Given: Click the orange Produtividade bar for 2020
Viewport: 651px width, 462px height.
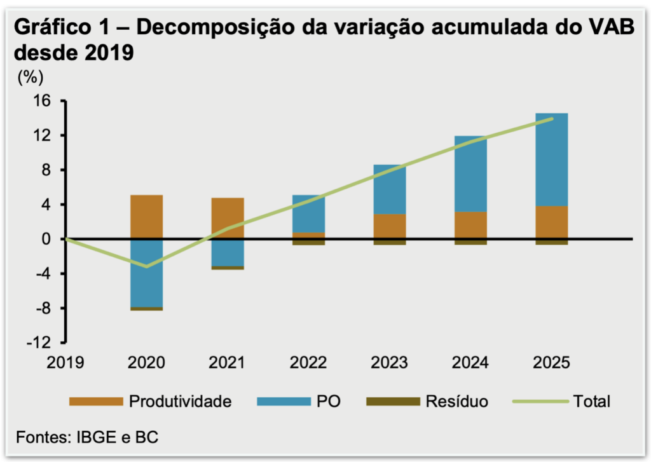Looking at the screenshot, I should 146,217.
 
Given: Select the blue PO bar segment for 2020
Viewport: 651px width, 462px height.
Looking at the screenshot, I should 146,273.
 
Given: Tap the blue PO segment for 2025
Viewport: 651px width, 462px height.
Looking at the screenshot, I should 551,160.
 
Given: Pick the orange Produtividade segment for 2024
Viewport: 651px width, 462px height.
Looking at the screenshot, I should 470,225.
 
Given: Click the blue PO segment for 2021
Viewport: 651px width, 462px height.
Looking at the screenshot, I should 227,252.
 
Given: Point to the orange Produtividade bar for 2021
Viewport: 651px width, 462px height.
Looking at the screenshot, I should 227,218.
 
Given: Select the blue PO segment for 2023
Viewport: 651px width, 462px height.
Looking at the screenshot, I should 389,189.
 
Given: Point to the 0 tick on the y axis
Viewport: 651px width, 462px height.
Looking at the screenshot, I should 51,240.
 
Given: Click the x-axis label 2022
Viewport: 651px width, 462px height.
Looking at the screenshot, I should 308,363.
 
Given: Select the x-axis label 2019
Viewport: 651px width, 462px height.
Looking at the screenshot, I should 66,363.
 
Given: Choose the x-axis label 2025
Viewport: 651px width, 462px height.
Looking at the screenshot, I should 551,363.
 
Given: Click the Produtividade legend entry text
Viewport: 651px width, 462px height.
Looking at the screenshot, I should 180,401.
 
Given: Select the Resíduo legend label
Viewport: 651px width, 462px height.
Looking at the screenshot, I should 456,401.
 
